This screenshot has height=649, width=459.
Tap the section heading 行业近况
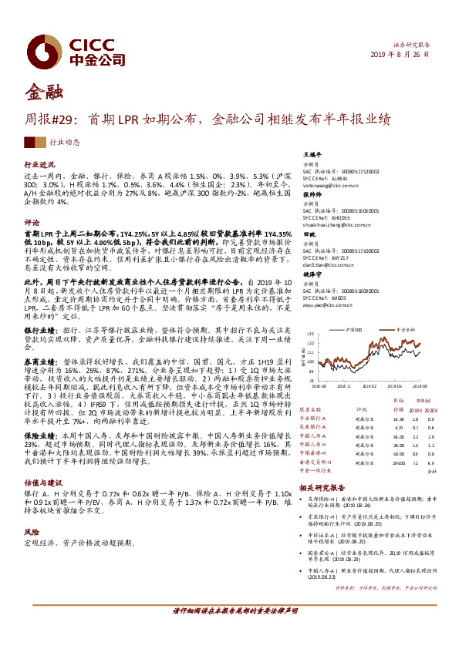click(x=39, y=165)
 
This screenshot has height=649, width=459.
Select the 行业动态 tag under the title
click(x=65, y=143)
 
